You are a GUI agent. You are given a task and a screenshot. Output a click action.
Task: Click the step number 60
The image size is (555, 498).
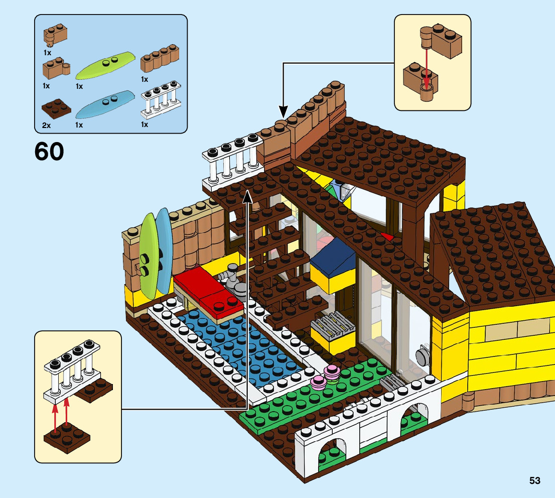click(49, 152)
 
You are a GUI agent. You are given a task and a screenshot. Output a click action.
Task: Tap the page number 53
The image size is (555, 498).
click(534, 481)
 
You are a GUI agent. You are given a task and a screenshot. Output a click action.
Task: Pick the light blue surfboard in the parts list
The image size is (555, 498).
click(105, 104)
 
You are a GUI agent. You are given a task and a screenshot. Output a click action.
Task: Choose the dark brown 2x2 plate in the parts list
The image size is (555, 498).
click(56, 107)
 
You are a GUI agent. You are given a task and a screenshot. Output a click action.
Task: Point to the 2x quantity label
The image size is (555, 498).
click(46, 125)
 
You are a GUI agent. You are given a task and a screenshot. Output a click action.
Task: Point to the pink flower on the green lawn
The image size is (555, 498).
click(332, 372)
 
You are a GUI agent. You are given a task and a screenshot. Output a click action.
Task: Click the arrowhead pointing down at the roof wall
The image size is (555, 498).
click(282, 111)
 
